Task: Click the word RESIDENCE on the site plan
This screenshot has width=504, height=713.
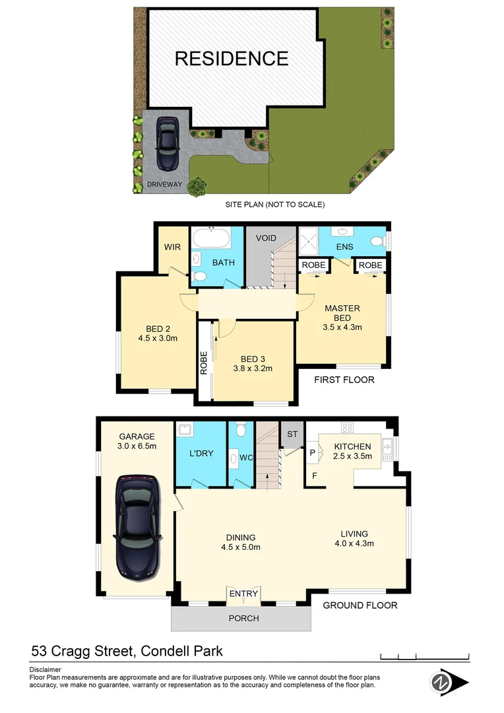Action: (232, 58)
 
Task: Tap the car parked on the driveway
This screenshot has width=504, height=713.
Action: (167, 143)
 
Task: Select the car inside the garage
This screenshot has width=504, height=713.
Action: (137, 526)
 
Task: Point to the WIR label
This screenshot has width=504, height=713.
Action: (172, 247)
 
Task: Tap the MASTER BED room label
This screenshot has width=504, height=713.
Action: (342, 312)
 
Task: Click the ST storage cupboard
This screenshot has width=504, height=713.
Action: (291, 434)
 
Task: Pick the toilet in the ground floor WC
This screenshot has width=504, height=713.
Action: (241, 431)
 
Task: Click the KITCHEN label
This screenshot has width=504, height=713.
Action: (352, 446)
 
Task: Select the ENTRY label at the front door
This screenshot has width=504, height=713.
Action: (243, 594)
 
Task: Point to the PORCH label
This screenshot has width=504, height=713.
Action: (243, 619)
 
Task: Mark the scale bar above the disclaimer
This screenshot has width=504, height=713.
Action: (425, 656)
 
